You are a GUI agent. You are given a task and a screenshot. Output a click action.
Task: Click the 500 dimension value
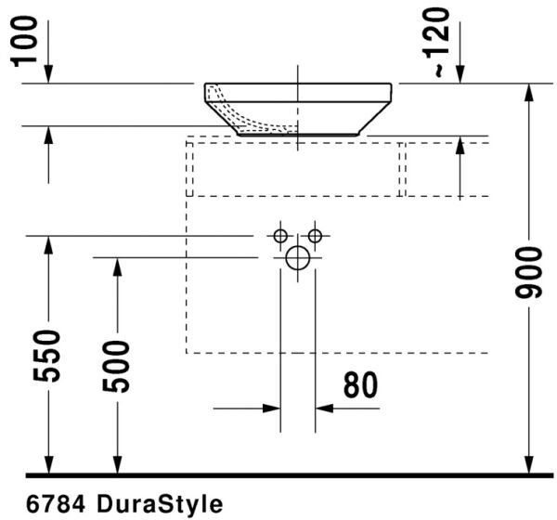[116, 365]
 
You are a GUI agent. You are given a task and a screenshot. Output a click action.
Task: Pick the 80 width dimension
[360, 384]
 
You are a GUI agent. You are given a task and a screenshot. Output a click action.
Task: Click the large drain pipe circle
[297, 258]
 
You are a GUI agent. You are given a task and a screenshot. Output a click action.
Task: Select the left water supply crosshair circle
[279, 235]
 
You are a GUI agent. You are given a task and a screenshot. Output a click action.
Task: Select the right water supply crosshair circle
[315, 235]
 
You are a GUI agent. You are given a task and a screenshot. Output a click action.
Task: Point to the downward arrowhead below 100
[48, 75]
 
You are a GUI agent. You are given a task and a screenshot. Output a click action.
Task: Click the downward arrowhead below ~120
[460, 75]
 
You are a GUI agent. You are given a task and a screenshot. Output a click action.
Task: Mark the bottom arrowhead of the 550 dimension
[48, 465]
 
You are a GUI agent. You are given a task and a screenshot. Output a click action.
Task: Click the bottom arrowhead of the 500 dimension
[116, 465]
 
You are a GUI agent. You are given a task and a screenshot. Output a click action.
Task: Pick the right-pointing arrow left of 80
[273, 407]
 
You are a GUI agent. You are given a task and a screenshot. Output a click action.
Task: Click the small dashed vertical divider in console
[403, 170]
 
